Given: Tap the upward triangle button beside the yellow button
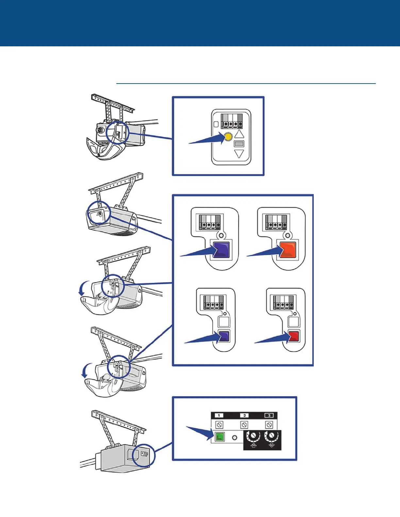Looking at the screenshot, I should [x=240, y=133].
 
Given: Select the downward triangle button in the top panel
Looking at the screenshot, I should [x=240, y=153].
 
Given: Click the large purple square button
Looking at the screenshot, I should [x=221, y=250].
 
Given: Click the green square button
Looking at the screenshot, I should [x=220, y=437].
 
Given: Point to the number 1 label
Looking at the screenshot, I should [x=219, y=415].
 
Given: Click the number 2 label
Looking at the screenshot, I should [x=244, y=415].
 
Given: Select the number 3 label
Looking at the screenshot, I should [x=269, y=415].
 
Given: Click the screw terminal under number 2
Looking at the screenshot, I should [x=244, y=425].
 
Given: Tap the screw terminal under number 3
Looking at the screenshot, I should [x=269, y=425].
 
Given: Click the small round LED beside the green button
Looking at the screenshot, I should [x=234, y=437].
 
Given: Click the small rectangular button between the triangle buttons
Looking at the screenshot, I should [x=239, y=144].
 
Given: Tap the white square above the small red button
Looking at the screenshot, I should [x=294, y=321].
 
